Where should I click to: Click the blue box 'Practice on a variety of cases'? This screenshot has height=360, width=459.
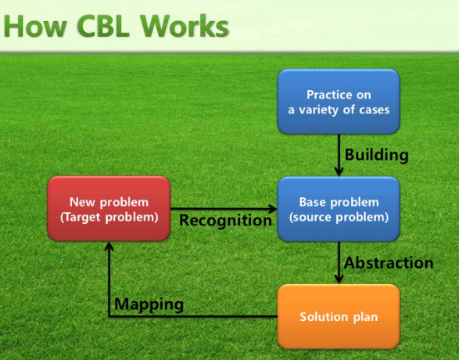point(338,102)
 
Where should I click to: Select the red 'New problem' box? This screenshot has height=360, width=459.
point(109,209)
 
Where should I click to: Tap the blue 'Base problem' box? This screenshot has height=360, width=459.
point(338,209)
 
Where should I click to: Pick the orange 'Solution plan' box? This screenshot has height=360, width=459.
point(338,317)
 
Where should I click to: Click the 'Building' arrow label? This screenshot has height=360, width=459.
point(377,155)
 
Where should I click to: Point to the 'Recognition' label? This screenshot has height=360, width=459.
point(225,221)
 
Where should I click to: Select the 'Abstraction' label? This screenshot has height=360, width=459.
point(389,263)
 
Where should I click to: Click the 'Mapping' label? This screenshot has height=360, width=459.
point(149,304)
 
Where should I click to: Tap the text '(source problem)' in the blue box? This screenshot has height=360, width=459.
point(338,217)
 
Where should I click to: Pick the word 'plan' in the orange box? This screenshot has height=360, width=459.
point(363,318)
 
